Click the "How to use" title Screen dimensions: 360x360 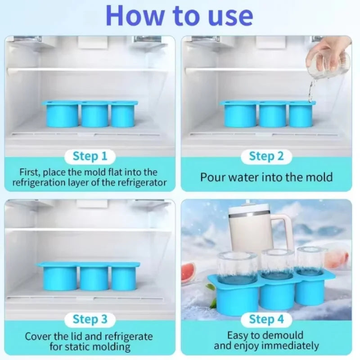pos(179,16)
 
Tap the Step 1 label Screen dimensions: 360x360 pos(90,156)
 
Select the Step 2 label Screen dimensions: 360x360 pos(266,156)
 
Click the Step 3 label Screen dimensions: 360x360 pos(90,319)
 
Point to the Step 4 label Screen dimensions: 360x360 pos(266,319)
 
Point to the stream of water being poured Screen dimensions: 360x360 pos(310,91)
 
